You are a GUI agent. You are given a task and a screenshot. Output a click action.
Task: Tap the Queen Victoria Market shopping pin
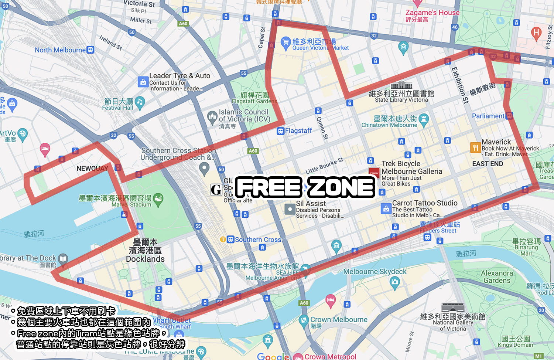tap(285, 43)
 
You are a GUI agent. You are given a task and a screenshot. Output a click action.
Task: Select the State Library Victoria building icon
tap(401, 85)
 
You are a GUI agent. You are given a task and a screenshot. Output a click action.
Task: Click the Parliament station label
tap(488, 116)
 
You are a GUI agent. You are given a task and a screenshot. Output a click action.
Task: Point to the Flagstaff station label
tap(298, 131)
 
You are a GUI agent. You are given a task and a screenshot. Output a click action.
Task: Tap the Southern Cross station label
tap(258, 240)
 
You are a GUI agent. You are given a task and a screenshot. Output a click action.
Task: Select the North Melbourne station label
tap(60, 50)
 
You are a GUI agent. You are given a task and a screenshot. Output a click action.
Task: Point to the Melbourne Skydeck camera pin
tap(394, 283)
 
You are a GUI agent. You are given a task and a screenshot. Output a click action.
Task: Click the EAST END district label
tap(488, 164)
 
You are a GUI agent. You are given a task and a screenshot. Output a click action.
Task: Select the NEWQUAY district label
tap(92, 169)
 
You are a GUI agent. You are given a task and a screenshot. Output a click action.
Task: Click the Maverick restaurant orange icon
tap(475, 147)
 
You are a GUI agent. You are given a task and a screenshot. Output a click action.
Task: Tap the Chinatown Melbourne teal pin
tap(424, 119)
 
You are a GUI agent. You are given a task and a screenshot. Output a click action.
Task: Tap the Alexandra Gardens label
tap(497, 277)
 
